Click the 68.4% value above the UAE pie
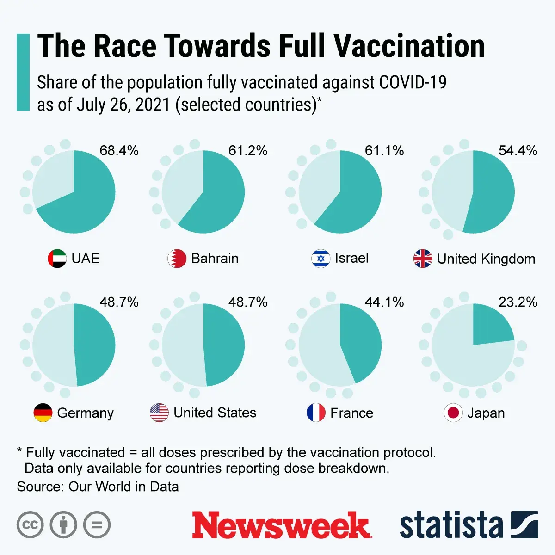coord(119,150)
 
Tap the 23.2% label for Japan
coord(518,302)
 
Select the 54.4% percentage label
coord(518,150)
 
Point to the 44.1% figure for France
coord(384,302)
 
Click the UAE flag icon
coord(57,259)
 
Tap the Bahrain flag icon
coord(177,259)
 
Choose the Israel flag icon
coord(321,259)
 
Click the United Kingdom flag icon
coord(423,259)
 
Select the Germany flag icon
coord(43,413)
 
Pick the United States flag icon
coord(159,413)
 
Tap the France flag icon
coord(316,413)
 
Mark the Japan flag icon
coord(453,413)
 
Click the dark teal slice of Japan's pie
coord(490,326)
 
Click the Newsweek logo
coord(282,525)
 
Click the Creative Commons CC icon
coord(30,525)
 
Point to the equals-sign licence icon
coord(97,525)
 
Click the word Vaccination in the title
coord(409,46)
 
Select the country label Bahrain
coord(215,259)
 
